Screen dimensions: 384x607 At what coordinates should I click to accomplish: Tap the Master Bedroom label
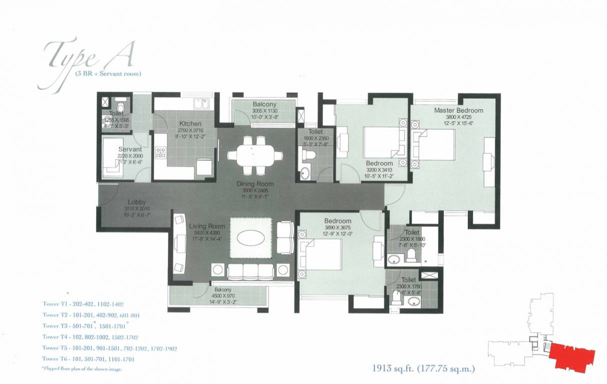(x=458, y=110)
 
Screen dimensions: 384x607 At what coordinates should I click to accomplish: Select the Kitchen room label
(x=190, y=123)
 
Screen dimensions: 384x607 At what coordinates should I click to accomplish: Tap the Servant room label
(x=130, y=149)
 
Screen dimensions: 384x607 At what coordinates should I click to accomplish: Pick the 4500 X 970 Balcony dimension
(x=223, y=295)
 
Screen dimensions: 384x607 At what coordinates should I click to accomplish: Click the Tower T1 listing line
(x=83, y=303)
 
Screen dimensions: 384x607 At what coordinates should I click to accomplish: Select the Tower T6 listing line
(x=88, y=359)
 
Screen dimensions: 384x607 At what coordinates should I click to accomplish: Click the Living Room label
(x=207, y=226)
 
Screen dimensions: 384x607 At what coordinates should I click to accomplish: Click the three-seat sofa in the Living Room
(x=250, y=270)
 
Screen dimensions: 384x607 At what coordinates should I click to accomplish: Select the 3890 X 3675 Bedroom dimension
(x=337, y=227)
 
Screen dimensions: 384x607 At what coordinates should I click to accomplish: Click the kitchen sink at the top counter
(x=201, y=103)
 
